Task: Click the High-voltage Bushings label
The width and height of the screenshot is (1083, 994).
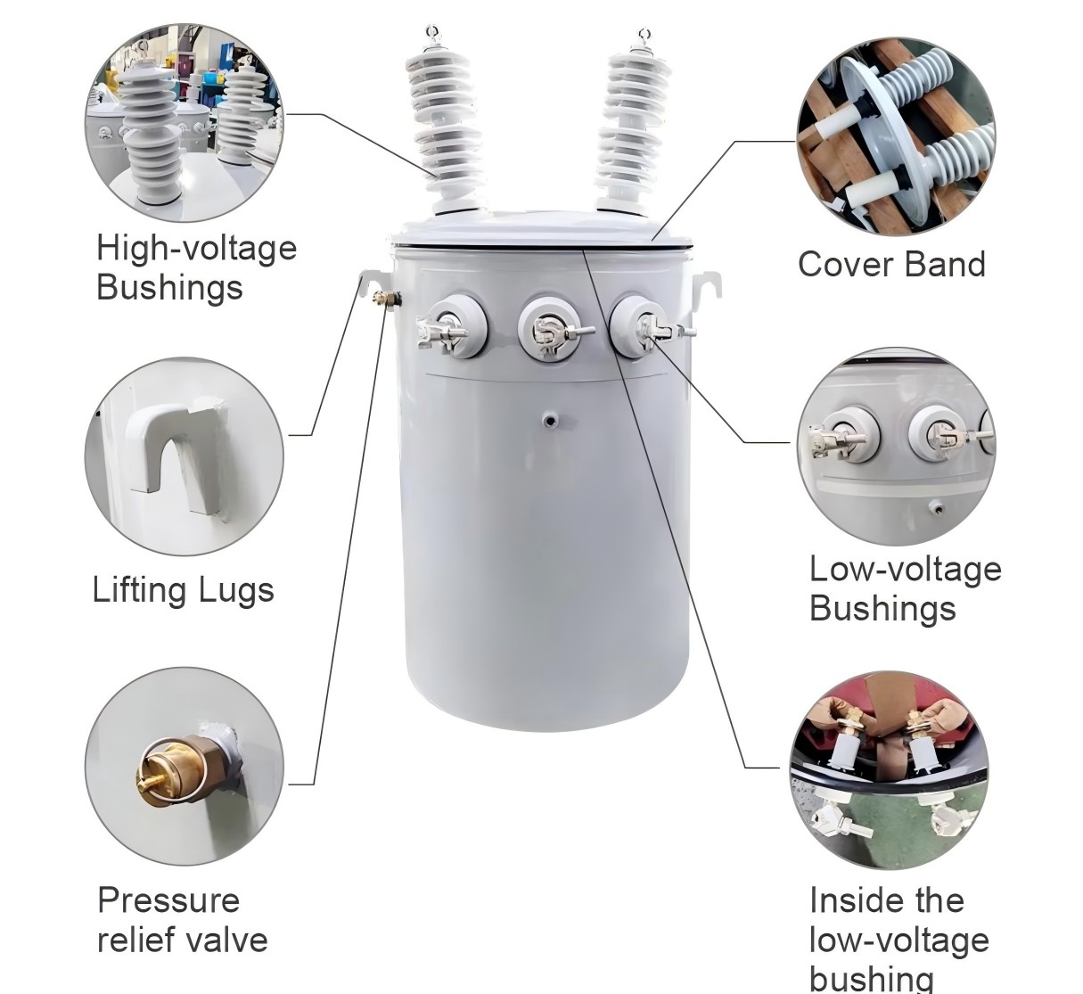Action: pos(196,267)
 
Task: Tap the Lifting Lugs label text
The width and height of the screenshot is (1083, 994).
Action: pos(183,590)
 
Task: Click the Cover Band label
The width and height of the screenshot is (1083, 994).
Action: pos(891,265)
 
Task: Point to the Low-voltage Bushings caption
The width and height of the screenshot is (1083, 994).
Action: pos(905,588)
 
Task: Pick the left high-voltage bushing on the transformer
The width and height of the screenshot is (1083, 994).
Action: pos(443,125)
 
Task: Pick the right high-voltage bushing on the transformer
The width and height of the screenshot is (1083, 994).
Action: pos(629,125)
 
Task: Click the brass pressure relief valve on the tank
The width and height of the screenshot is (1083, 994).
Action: pos(386,300)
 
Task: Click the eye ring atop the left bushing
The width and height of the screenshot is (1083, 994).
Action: pos(434,33)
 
